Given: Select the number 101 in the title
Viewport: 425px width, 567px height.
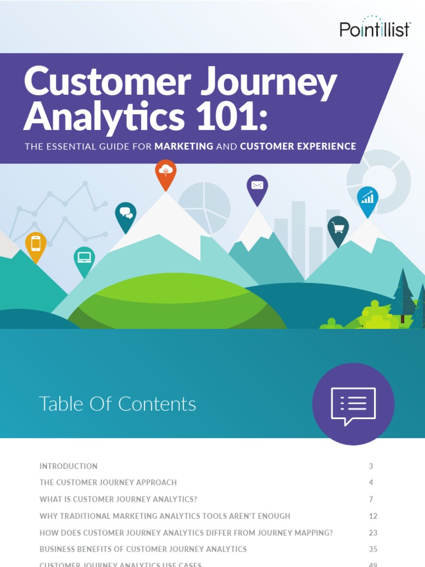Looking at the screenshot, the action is [224, 117].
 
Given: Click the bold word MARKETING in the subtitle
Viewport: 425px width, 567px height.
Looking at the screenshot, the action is [184, 147].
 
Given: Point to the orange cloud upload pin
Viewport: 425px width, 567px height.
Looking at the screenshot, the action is [165, 173].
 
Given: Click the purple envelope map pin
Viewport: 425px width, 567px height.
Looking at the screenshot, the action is [257, 187].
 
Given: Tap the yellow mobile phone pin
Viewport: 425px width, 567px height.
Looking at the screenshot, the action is [36, 244].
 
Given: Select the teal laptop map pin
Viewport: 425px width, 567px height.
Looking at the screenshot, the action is [84, 259].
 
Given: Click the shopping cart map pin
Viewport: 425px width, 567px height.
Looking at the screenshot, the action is [338, 229].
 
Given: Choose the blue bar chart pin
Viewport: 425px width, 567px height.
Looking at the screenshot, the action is [367, 199].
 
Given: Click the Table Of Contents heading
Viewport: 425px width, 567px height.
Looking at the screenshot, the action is [117, 404].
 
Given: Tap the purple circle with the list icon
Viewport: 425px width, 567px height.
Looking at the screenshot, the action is [353, 404].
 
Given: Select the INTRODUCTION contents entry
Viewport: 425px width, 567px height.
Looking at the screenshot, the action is [69, 466].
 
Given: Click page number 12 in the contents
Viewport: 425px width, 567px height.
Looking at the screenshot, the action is [373, 516].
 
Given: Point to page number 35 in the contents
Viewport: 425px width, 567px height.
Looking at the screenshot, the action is [373, 549].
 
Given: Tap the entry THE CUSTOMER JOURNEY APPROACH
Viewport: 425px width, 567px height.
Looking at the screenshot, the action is [108, 483].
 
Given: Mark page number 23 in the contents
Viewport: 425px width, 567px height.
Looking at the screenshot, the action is [373, 533].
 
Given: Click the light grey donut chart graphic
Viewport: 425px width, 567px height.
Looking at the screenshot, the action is [379, 181].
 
